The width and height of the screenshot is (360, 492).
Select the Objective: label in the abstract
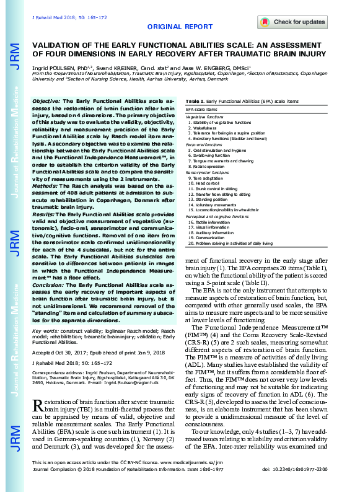[46, 100]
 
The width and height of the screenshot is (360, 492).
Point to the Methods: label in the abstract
[45, 167]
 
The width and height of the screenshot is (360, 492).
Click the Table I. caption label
[194, 100]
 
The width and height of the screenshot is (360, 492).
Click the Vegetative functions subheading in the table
[205, 117]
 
